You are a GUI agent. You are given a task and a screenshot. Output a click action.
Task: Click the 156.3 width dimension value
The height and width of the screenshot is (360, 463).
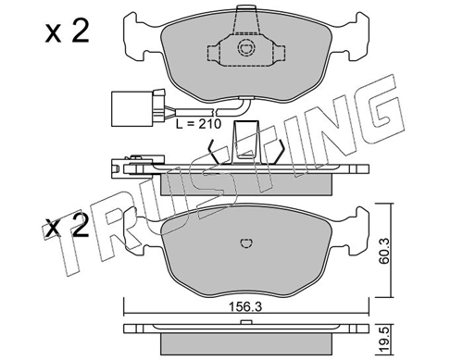(244, 307)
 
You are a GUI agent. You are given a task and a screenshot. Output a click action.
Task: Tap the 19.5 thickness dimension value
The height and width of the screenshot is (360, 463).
(384, 341)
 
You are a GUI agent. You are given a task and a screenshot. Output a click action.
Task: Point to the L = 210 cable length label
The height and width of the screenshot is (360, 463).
(198, 124)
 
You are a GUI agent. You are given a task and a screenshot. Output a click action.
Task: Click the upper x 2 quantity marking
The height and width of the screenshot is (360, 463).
(67, 31)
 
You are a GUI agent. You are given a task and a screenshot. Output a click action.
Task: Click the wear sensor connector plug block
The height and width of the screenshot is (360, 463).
(131, 108)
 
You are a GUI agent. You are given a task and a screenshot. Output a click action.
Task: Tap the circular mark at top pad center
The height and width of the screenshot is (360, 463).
(246, 48)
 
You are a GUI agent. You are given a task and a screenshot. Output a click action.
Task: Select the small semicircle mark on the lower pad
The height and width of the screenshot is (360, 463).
(246, 243)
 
